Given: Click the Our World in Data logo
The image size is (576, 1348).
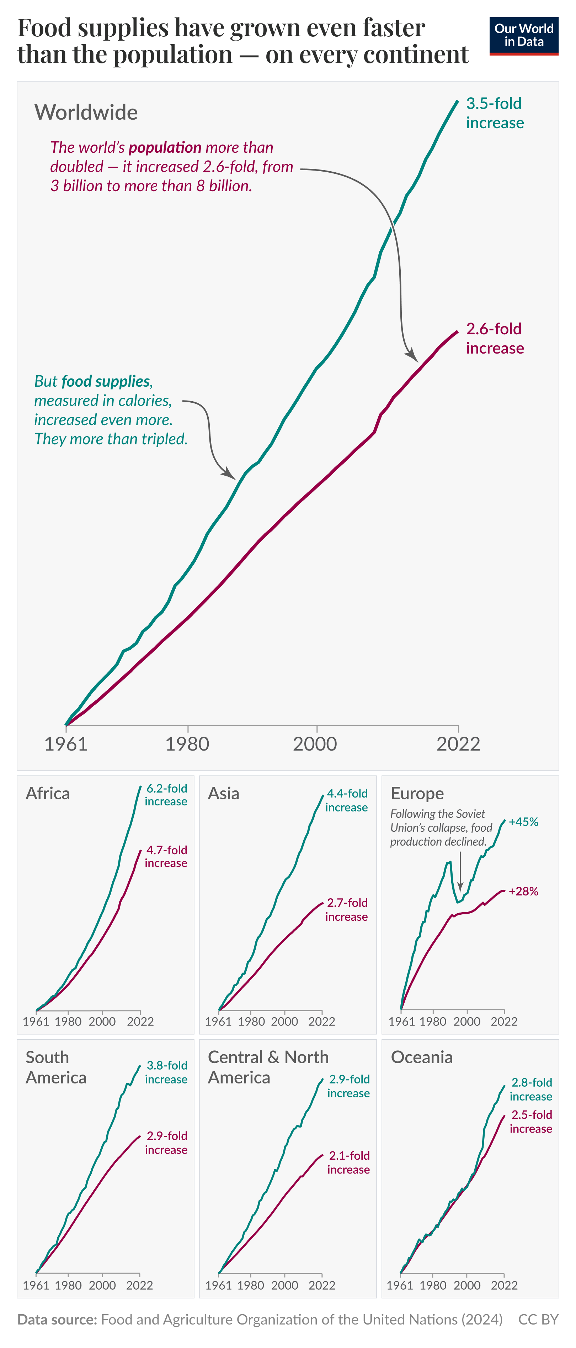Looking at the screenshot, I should pyautogui.click(x=524, y=36).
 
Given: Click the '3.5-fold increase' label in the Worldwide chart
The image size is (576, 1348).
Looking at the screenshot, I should pyautogui.click(x=495, y=113).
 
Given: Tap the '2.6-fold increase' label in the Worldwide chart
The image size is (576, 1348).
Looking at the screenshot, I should pyautogui.click(x=495, y=339).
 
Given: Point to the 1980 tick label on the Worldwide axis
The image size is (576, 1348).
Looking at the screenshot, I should pyautogui.click(x=187, y=743).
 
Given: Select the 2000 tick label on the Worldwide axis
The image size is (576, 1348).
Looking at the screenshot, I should pyautogui.click(x=315, y=743).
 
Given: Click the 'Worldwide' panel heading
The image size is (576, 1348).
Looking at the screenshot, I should pyautogui.click(x=86, y=113).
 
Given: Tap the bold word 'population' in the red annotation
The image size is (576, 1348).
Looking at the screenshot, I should pyautogui.click(x=165, y=147).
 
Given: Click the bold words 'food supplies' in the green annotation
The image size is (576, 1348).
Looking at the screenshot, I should pyautogui.click(x=106, y=381).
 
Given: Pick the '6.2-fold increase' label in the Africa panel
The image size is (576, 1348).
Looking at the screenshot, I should pyautogui.click(x=166, y=795).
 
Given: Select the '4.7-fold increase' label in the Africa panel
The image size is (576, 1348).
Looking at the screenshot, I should pyautogui.click(x=166, y=857).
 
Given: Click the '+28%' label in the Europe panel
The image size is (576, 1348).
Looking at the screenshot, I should pyautogui.click(x=523, y=892).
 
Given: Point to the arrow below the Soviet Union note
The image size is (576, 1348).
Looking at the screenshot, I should pyautogui.click(x=460, y=871).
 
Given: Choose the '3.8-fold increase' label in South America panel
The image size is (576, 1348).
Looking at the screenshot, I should pyautogui.click(x=166, y=1072).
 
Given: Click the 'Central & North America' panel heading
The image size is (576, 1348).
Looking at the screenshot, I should pyautogui.click(x=268, y=1067).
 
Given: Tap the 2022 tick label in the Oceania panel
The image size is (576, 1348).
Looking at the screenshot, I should pyautogui.click(x=504, y=1286).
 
